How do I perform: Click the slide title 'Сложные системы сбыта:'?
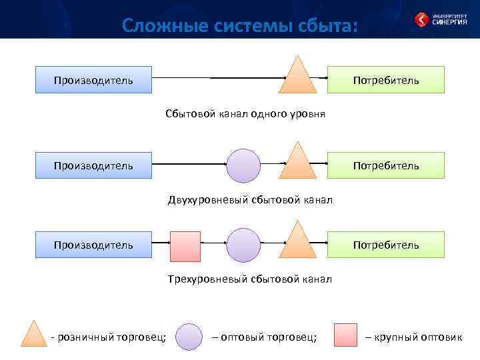[x=240, y=25]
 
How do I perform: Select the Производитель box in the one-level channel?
[x=93, y=79]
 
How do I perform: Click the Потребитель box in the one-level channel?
[x=386, y=79]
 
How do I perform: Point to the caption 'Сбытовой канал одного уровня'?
[x=245, y=114]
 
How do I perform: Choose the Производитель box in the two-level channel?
[x=93, y=165]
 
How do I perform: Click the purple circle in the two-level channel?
[x=243, y=165]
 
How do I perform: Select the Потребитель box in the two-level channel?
[x=386, y=165]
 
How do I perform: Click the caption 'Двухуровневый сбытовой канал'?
[x=250, y=199]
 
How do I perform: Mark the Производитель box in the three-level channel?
[x=93, y=245]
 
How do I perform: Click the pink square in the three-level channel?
[x=185, y=246]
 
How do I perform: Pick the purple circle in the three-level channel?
[x=243, y=245]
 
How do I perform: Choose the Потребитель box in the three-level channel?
[x=386, y=245]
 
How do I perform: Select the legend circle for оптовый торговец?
[x=190, y=337]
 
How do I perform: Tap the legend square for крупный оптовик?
[x=345, y=335]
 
